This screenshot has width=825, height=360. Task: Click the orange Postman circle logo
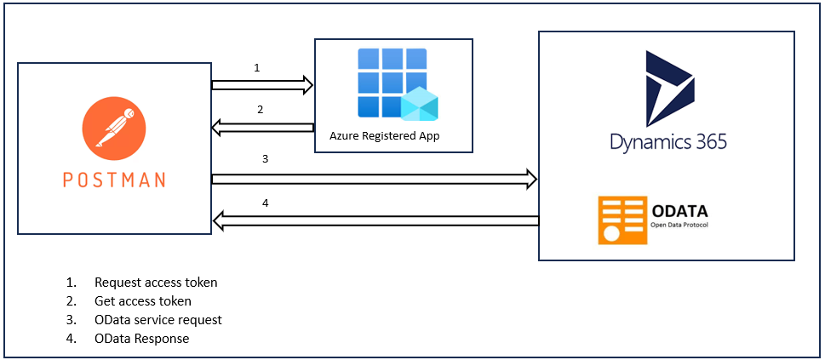[x=113, y=130]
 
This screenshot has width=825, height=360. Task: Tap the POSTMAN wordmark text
[x=114, y=180]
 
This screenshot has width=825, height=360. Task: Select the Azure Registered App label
[x=384, y=136]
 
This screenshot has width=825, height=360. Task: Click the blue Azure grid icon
[x=392, y=82]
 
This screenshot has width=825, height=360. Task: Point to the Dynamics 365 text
[x=668, y=141]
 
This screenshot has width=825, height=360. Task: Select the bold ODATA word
[x=679, y=211]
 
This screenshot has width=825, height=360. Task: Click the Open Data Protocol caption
[x=679, y=226]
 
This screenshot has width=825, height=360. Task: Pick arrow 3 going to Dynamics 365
[x=375, y=179]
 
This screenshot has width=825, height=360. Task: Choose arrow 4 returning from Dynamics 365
[x=375, y=221]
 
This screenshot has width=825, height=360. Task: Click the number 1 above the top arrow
[x=257, y=67]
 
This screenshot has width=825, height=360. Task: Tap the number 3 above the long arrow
[x=266, y=158]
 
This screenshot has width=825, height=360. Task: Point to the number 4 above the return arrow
[x=266, y=203]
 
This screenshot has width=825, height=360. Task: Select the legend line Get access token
[x=142, y=301]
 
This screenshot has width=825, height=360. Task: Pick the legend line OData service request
[x=158, y=320]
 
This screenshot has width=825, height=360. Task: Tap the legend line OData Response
[x=141, y=339]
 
